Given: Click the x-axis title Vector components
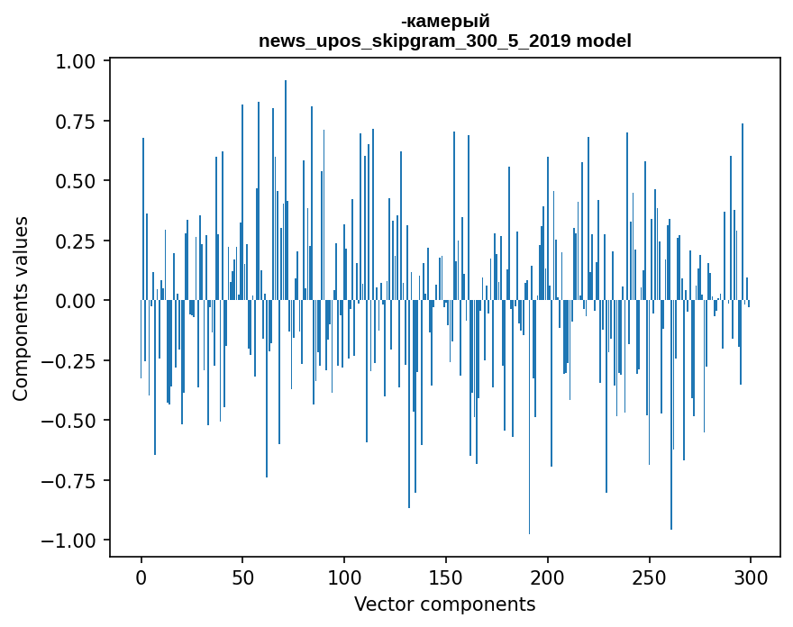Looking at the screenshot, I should [444, 604].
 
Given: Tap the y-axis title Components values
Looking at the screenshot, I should [21, 308].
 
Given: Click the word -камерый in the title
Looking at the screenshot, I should [445, 22].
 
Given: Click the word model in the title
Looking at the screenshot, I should [604, 41].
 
